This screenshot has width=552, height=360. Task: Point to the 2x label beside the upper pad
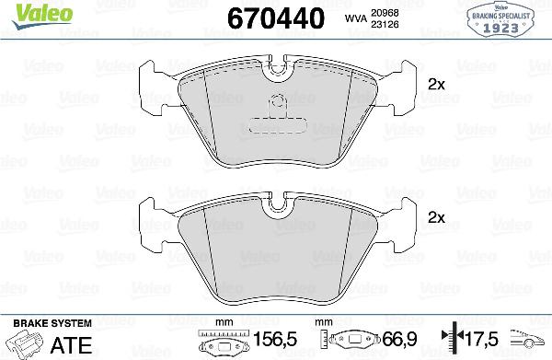[437, 84]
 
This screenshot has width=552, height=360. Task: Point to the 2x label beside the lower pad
[437, 218]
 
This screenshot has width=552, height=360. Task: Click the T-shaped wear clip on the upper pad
[276, 109]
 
